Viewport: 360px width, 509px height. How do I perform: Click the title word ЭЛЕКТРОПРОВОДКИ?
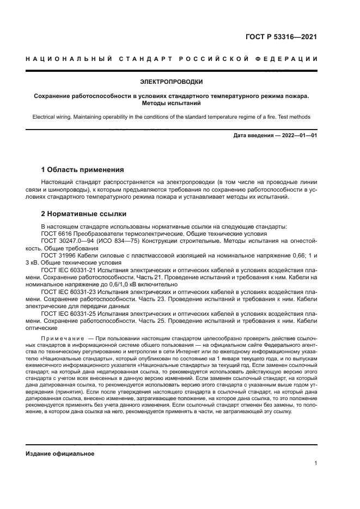(x=171, y=82)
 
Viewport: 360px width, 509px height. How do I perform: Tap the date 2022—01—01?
(x=298, y=136)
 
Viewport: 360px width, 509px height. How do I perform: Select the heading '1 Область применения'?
(x=83, y=169)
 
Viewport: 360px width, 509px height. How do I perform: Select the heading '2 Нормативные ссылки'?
(x=83, y=213)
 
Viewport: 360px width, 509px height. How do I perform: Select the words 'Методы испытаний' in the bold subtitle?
(x=171, y=103)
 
